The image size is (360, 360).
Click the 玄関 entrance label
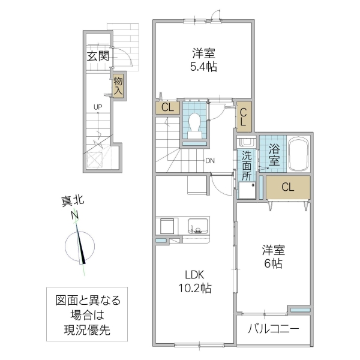[x=97, y=58]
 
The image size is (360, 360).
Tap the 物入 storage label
[x=118, y=86]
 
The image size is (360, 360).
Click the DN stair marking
[x=210, y=160]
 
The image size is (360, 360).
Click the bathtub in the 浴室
[x=298, y=155]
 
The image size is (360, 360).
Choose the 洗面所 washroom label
[x=247, y=167]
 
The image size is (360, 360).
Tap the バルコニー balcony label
[x=273, y=329]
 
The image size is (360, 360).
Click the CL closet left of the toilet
[x=167, y=108]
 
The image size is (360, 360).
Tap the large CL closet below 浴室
[x=288, y=187]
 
